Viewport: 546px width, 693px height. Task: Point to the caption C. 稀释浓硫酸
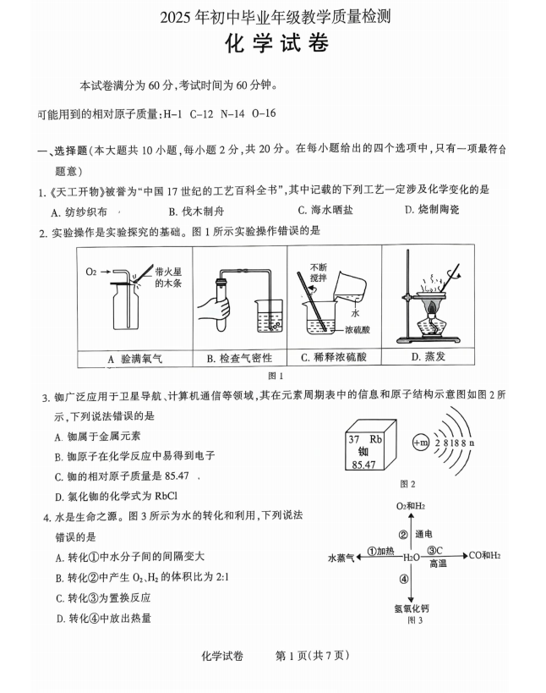coord(334,359)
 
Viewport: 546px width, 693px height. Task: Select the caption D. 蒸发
coord(428,357)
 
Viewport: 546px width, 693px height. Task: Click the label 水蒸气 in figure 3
coord(341,558)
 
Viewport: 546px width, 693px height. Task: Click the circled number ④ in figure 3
coord(404,580)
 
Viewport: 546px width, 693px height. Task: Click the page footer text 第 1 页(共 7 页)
coord(313,655)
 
